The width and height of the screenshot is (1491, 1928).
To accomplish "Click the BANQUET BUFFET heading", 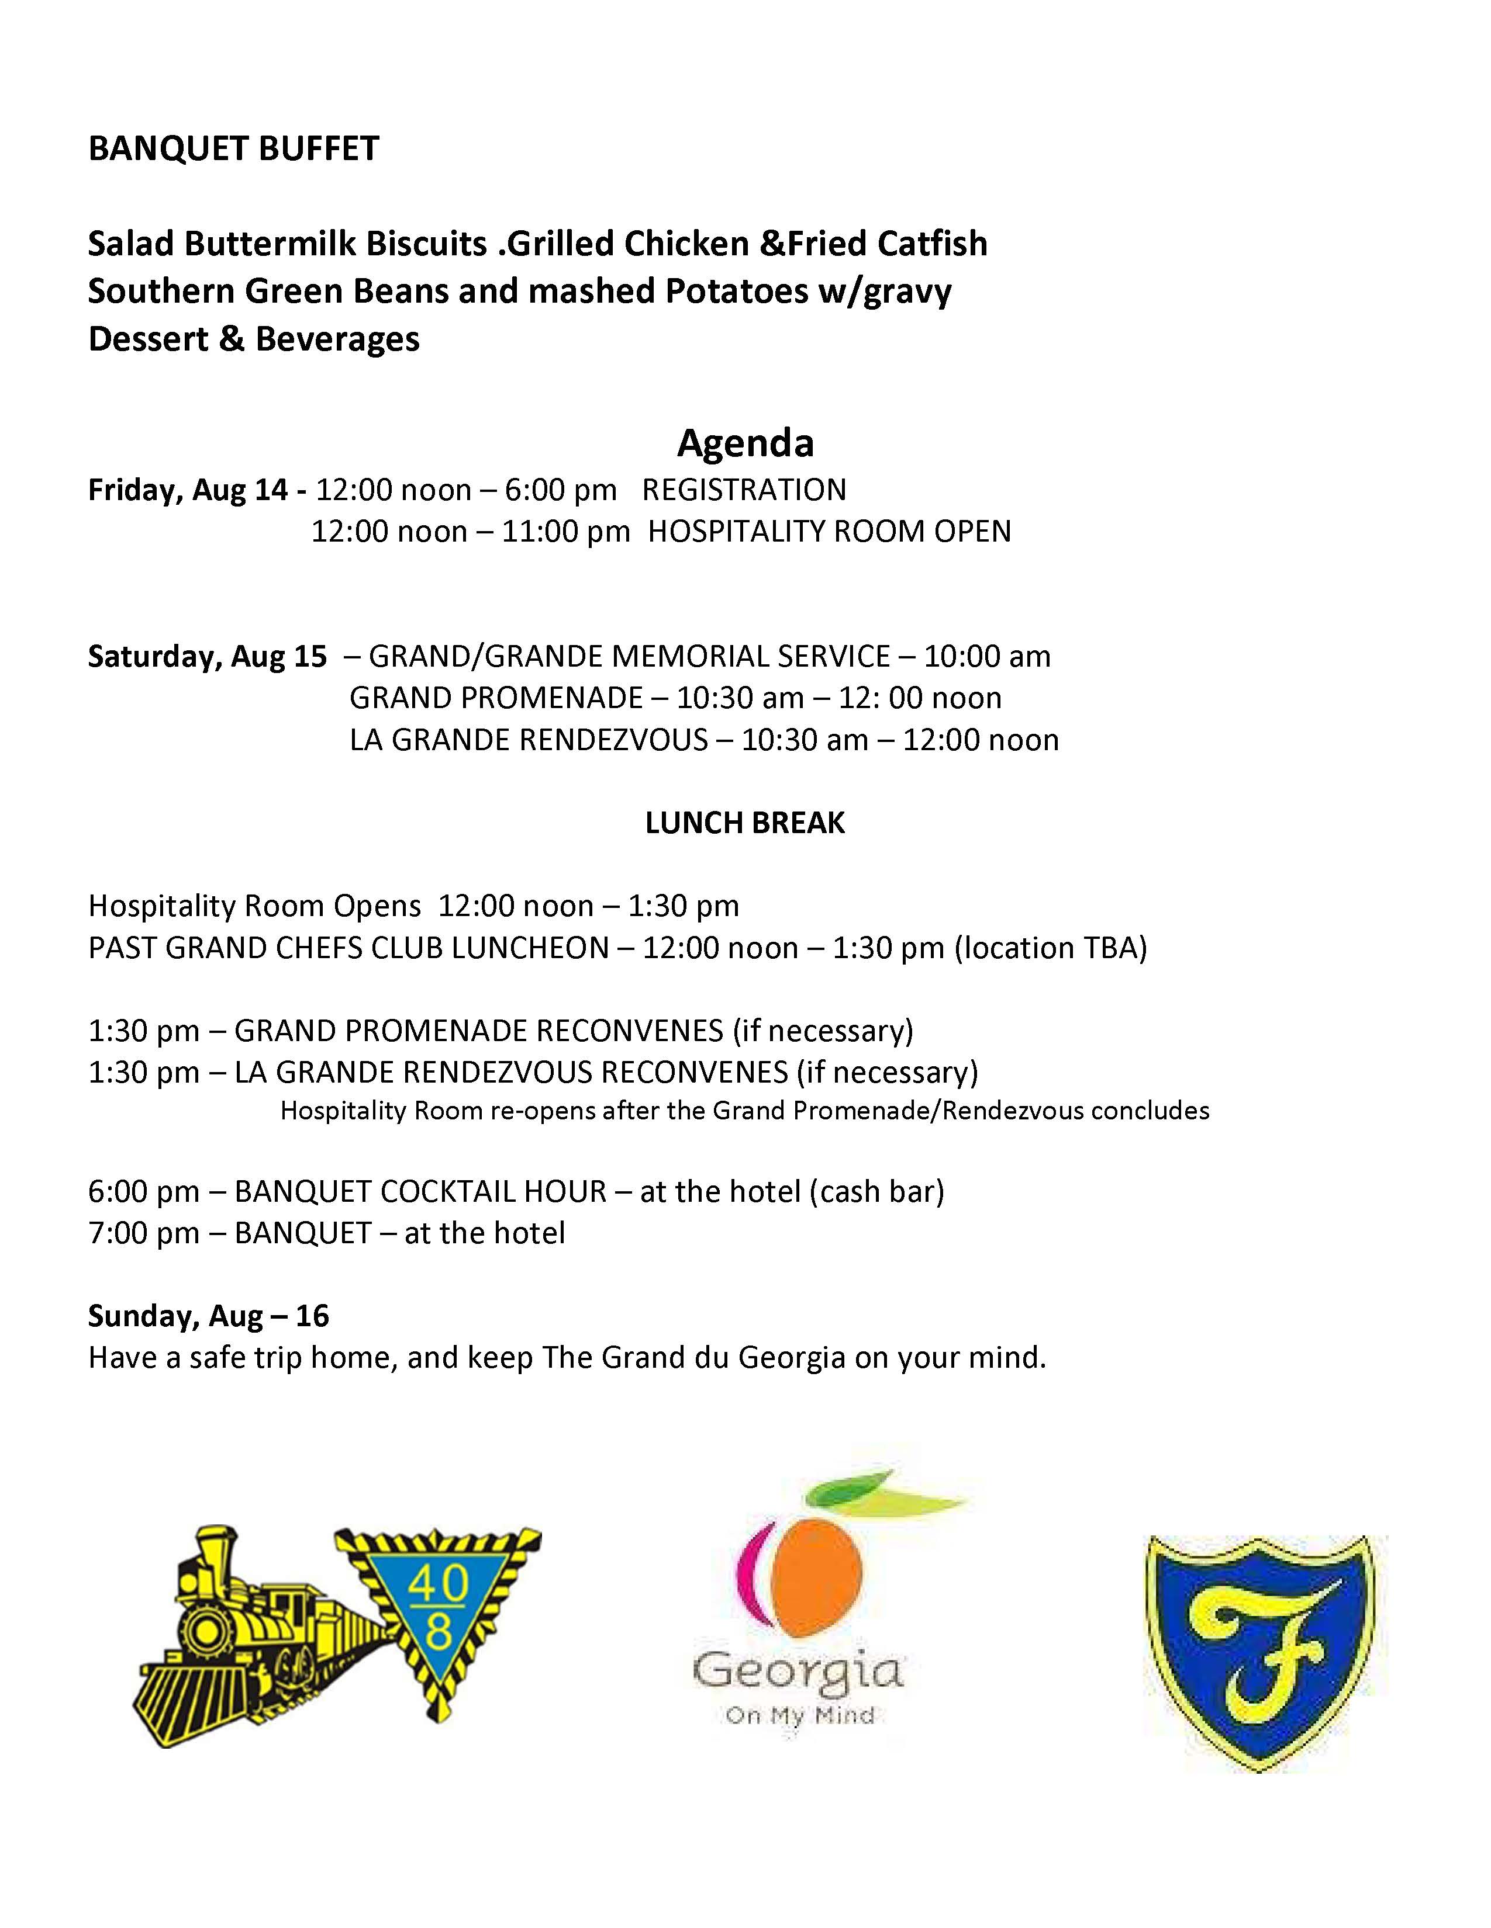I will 233,148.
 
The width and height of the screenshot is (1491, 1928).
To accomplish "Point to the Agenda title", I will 744,442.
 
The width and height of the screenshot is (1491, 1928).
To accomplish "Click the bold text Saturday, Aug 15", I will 206,656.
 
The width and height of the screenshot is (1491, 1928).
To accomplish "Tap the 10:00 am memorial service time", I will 986,656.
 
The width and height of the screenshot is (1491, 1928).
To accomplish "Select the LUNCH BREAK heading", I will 744,823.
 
